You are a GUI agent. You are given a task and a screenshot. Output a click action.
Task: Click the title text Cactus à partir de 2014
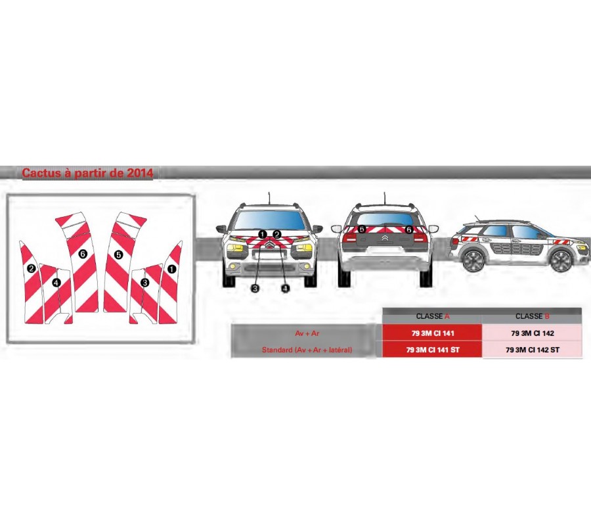tap(87, 174)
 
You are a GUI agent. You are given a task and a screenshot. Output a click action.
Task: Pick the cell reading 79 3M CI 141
tap(433, 333)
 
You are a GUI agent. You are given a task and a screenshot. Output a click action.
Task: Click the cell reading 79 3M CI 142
tap(532, 333)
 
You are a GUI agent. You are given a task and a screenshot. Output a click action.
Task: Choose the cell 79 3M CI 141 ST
tap(433, 350)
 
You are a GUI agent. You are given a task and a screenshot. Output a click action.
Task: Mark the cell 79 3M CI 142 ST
tap(532, 350)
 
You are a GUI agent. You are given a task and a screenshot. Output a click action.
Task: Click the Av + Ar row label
tap(307, 333)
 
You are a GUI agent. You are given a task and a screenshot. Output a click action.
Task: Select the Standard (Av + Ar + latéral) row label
tap(307, 350)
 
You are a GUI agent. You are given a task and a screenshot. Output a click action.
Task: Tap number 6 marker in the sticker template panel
tap(83, 254)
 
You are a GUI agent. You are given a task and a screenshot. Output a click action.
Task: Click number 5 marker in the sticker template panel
tap(118, 254)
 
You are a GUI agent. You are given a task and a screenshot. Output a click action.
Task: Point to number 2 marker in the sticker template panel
tap(31, 268)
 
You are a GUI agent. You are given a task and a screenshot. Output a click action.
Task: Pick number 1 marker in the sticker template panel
tap(171, 268)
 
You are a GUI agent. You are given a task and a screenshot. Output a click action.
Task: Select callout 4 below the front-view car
tap(285, 288)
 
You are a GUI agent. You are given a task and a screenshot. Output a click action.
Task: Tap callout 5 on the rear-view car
tap(362, 229)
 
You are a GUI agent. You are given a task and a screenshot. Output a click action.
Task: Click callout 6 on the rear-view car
tap(408, 229)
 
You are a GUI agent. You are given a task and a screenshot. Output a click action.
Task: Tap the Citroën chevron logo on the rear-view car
tap(384, 239)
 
